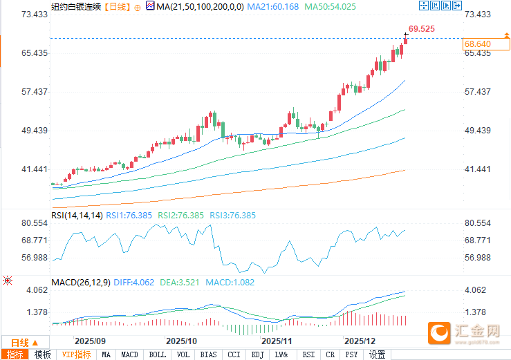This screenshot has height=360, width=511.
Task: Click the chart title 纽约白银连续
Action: pos(76,7)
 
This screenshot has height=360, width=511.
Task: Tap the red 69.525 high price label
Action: pos(421,29)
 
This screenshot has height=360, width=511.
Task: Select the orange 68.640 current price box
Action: pos(478,44)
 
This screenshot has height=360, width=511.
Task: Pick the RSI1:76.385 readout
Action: pos(131,216)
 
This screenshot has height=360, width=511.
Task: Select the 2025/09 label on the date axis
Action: pos(90,341)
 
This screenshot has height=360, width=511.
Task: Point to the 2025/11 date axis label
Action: pos(276,341)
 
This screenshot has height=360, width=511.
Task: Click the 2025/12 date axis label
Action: pos(360,341)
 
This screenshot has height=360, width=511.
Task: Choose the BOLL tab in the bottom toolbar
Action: pos(158,355)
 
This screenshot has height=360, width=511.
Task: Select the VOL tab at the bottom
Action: pos(183,355)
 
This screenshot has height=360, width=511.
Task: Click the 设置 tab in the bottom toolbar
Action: pos(377,355)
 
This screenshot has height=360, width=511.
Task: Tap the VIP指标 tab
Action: pos(76,355)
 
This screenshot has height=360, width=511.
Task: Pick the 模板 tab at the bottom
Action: pos(42,355)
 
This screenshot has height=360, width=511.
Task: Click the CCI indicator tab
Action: pos(234,355)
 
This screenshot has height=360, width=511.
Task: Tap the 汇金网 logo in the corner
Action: pos(465,333)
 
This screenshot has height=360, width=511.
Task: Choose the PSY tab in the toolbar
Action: pos(352,355)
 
